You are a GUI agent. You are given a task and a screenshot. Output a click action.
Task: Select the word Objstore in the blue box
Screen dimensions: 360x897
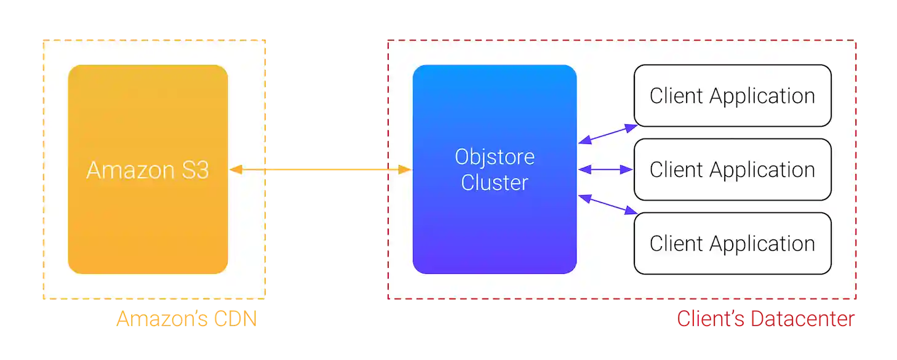(495, 157)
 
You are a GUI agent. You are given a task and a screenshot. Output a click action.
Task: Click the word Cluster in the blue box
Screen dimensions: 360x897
(495, 183)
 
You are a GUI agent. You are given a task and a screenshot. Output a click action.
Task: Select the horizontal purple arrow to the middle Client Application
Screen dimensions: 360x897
(605, 169)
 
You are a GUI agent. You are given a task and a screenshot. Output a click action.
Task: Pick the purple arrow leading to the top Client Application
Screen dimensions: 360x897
(607, 134)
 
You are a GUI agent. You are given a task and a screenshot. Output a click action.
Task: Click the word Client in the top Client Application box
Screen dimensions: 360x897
(676, 96)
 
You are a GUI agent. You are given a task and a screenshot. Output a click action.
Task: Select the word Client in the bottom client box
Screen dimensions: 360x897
(676, 244)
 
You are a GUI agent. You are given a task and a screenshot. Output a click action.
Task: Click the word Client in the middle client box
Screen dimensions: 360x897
(676, 170)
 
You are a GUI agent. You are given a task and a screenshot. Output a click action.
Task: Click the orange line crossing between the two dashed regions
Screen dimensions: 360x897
(326, 169)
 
